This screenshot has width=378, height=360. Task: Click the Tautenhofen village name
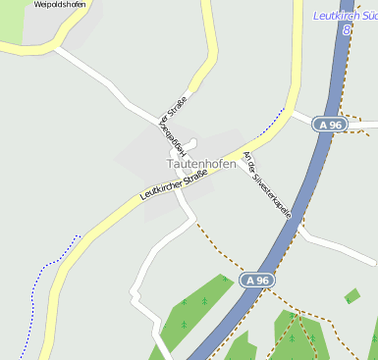click(193, 164)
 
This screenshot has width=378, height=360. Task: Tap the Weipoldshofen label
click(59, 5)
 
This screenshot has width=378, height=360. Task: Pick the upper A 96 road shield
click(330, 125)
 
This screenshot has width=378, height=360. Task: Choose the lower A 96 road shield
click(256, 281)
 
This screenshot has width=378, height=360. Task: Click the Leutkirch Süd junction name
click(345, 16)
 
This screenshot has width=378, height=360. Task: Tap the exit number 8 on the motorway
click(347, 30)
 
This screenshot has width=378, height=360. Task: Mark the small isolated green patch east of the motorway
click(351, 295)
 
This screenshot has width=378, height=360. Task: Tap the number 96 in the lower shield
click(261, 281)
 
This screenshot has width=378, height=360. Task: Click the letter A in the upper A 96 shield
click(322, 125)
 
